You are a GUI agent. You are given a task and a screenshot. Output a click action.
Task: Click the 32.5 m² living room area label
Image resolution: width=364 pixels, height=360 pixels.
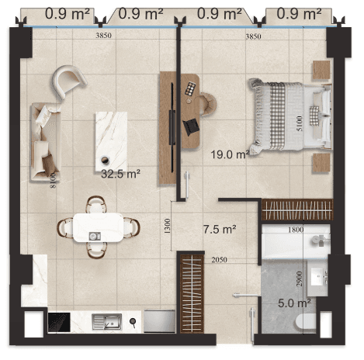120,174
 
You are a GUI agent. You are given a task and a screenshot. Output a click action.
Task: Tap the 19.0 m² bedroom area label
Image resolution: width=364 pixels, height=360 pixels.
230,154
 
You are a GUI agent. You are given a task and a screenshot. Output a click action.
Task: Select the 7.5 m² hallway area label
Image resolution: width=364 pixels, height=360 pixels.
220,229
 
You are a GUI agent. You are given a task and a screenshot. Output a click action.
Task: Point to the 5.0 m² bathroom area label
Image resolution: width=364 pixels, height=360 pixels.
294,303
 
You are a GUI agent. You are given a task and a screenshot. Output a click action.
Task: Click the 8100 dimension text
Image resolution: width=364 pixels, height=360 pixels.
53,181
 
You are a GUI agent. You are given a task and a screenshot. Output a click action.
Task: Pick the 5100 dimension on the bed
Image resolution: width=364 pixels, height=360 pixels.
299,123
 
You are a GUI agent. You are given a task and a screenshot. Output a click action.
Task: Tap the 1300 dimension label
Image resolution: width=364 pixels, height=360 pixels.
168,226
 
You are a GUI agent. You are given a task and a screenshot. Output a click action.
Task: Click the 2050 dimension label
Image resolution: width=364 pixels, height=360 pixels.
220,260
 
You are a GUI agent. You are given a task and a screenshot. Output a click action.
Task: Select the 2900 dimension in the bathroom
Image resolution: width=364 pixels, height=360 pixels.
300,279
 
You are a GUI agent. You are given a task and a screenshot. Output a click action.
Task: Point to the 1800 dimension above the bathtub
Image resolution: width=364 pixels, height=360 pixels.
296,230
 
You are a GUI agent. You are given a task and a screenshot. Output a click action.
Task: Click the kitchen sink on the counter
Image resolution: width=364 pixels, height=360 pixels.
107,322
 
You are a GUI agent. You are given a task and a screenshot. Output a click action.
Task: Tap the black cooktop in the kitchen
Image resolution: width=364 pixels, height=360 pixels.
59,322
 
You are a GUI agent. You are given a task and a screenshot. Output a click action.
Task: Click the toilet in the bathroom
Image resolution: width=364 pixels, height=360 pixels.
306,322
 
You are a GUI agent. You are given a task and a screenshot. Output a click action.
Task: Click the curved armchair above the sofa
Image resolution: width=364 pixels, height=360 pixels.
69,81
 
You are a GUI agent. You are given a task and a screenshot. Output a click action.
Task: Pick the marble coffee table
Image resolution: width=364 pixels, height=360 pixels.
111,141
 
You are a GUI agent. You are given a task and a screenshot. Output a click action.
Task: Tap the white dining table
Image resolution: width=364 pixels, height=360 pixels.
99,227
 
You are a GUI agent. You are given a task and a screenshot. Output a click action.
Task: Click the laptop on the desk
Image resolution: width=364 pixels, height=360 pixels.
191,126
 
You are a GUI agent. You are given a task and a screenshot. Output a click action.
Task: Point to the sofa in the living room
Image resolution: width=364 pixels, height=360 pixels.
46,142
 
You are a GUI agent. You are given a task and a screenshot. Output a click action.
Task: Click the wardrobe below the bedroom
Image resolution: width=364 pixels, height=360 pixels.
297,209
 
